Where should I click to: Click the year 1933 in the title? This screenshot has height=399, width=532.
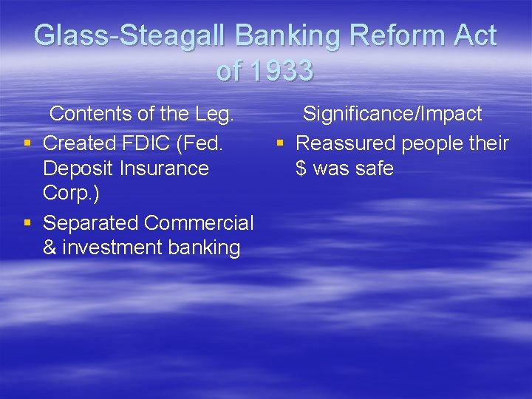tap(282, 72)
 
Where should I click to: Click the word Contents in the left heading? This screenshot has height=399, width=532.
tap(90, 114)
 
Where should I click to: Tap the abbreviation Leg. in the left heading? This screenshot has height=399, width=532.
tap(214, 114)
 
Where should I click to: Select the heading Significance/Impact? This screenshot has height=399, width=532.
tap(392, 114)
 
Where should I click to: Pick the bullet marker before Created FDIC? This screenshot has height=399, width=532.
tap(27, 142)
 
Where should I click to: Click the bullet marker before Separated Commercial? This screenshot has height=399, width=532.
tap(27, 223)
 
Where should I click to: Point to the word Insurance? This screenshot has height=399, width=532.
tap(164, 168)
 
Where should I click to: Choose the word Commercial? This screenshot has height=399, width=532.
tap(199, 222)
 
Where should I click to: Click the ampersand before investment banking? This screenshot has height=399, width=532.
tap(50, 248)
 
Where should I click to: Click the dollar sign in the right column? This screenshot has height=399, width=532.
tap(301, 168)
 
